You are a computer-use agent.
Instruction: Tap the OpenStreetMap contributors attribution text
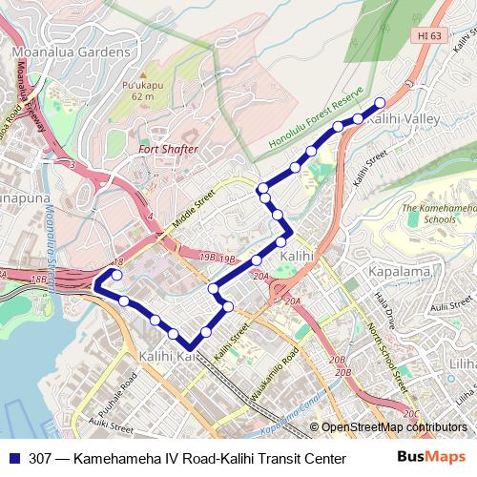coord(394,427)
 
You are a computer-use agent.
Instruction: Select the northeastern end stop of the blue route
coord(379,103)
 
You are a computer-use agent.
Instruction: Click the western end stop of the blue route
coord(117,275)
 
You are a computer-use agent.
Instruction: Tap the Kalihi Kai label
coord(168,356)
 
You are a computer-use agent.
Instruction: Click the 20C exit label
coord(410,413)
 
